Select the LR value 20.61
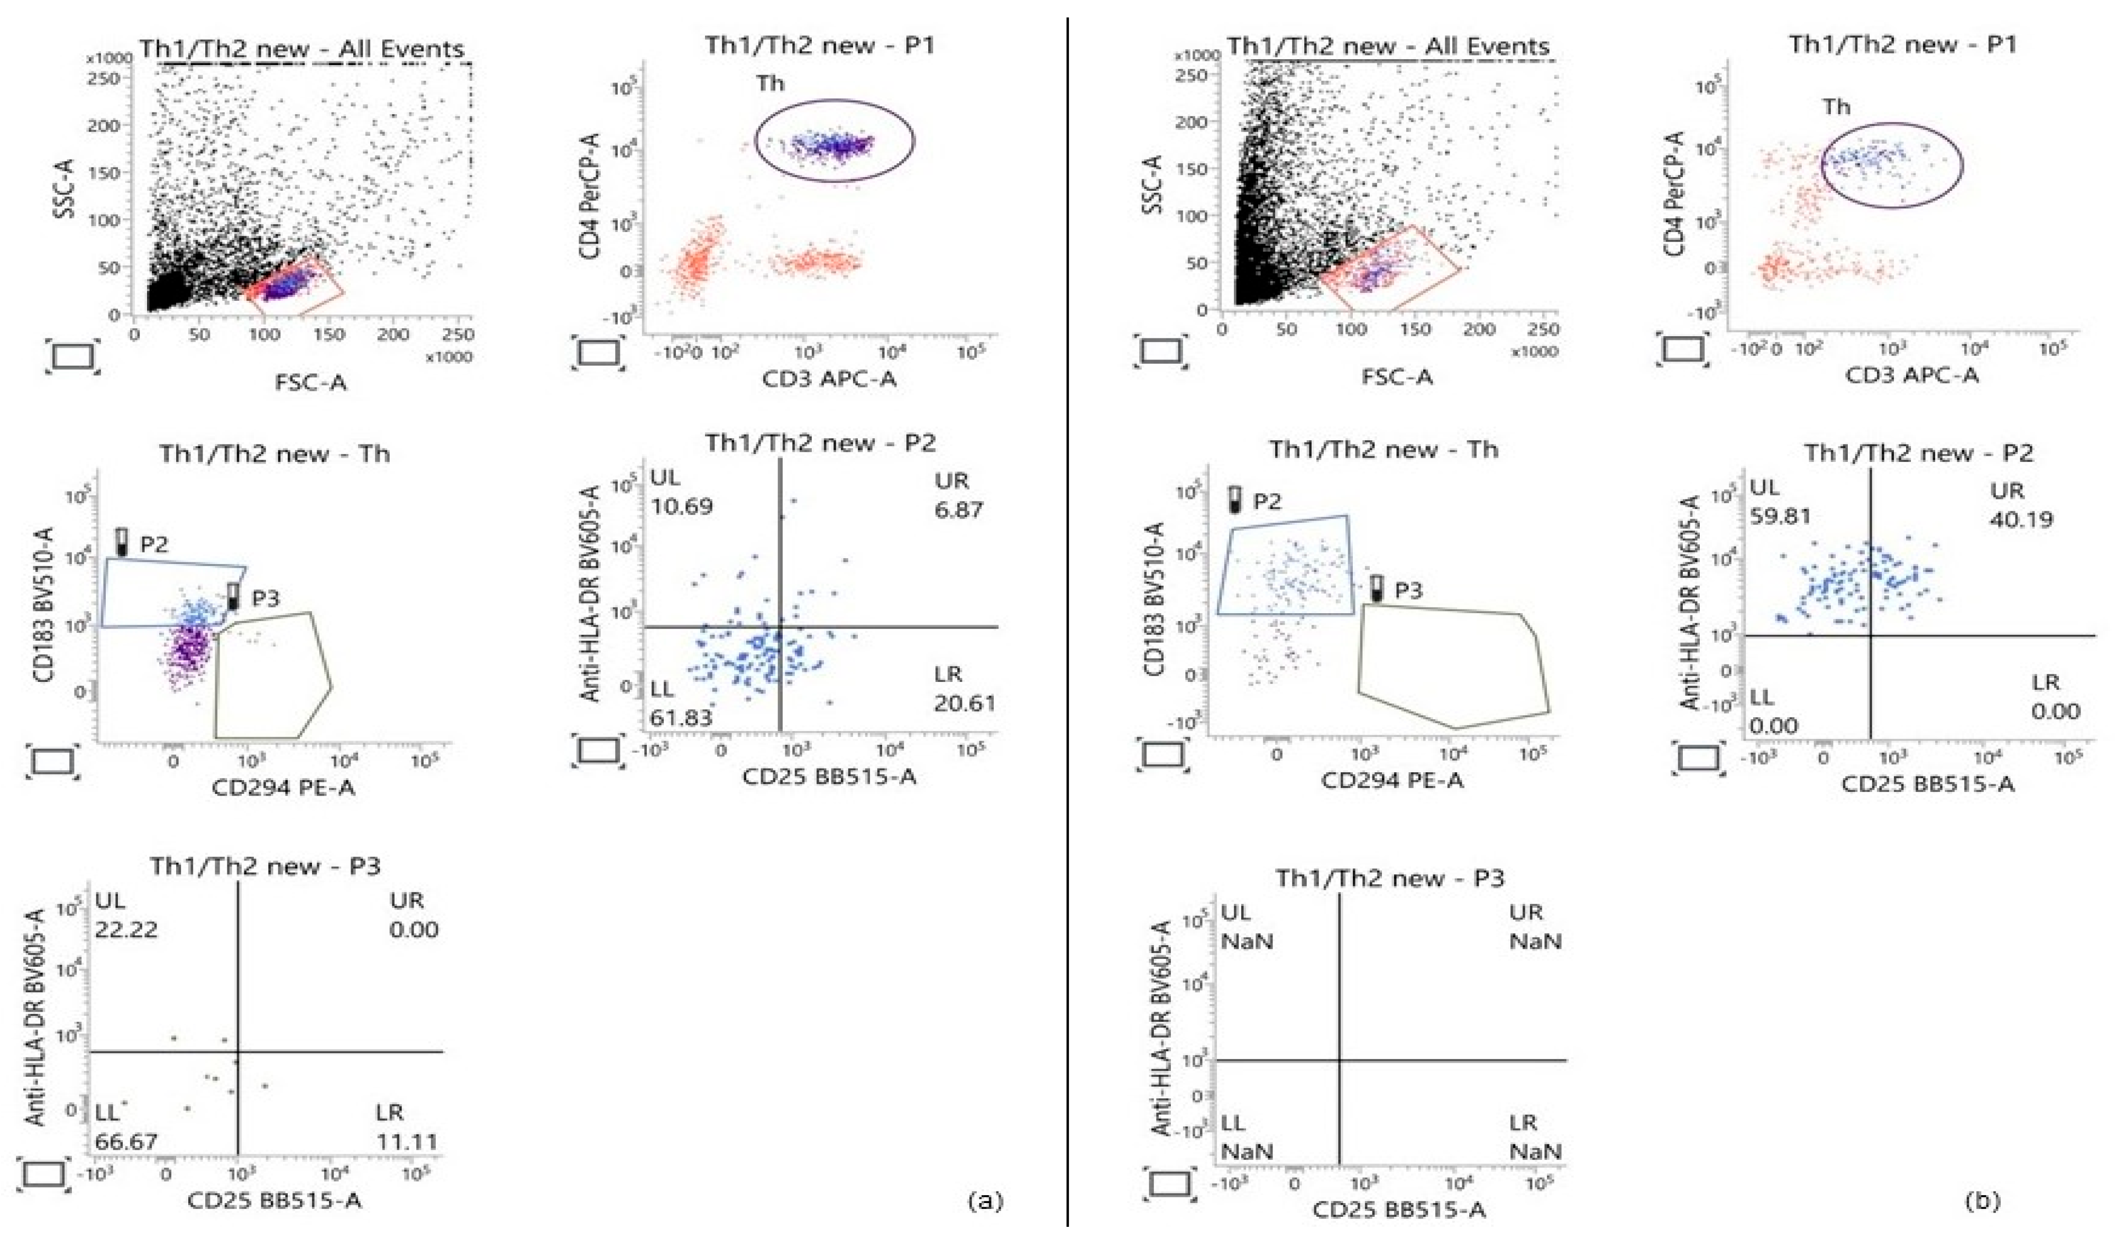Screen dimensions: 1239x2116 click(x=964, y=704)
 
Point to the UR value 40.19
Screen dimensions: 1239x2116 click(x=2020, y=520)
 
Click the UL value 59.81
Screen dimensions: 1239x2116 click(x=1780, y=517)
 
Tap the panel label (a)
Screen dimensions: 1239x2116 click(x=985, y=1201)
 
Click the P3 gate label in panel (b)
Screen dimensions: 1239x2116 click(x=1408, y=591)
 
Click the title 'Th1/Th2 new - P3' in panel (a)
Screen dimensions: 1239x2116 click(x=265, y=865)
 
